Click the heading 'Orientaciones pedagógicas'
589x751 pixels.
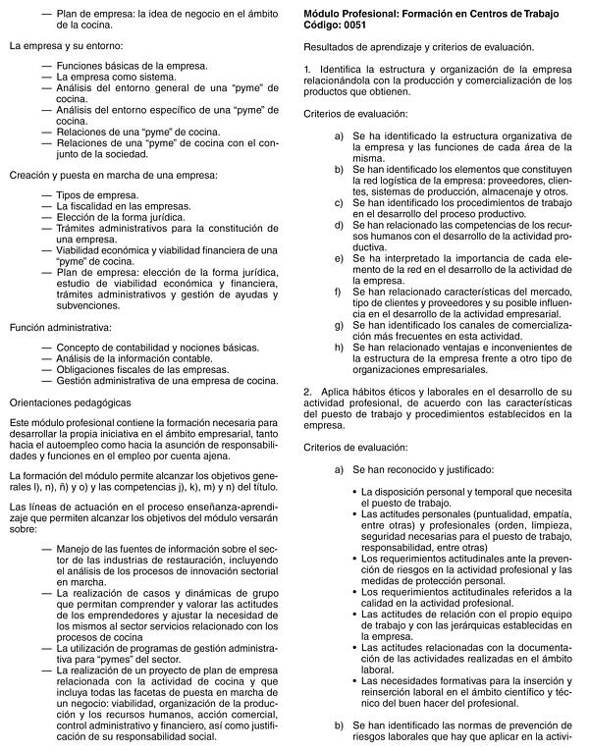coord(69,402)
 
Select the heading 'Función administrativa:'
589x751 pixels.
coord(60,326)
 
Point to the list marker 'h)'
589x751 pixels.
coord(339,347)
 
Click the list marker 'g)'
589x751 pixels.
coord(339,323)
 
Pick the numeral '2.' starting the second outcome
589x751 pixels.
coord(307,394)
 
